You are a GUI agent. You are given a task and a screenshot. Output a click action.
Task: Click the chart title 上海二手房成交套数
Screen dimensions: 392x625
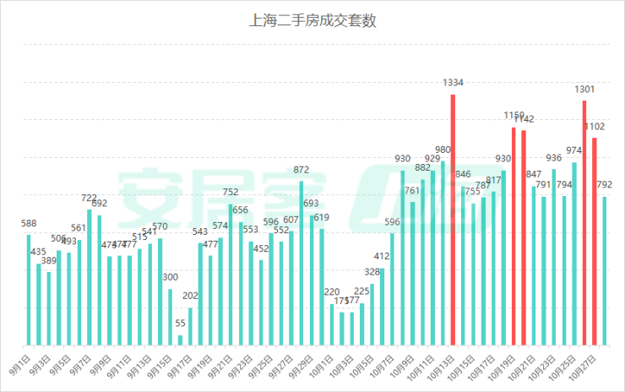[312, 21]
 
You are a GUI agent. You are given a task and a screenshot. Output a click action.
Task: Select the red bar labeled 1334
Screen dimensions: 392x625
[453, 220]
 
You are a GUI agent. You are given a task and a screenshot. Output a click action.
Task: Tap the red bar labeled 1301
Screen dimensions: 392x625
[584, 223]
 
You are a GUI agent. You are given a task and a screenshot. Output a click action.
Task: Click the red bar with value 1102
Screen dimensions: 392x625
[594, 241]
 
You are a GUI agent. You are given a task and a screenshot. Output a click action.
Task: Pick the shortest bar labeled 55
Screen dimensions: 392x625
[180, 340]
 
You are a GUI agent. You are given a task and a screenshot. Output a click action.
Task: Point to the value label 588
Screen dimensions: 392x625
[29, 224]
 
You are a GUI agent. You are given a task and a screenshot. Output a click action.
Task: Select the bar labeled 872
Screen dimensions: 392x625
[302, 263]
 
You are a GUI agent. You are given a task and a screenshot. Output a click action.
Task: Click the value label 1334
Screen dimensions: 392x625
[453, 83]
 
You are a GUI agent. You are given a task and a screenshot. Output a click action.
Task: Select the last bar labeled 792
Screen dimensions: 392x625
[604, 270]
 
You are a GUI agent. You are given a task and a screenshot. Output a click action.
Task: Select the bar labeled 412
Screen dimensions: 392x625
[382, 307]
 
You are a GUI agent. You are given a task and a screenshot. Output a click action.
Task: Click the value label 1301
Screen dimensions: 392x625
[584, 89]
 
